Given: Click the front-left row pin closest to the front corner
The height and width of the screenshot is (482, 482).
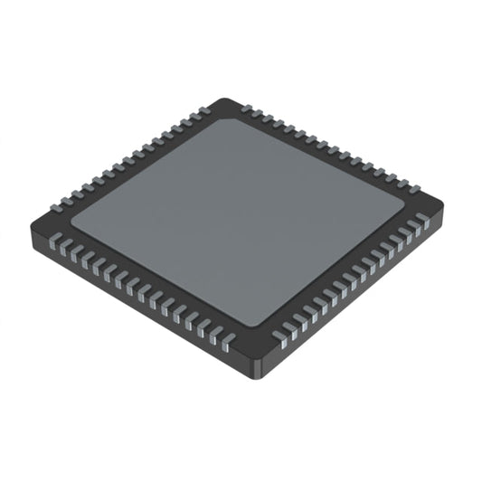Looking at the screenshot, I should click(229, 339).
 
